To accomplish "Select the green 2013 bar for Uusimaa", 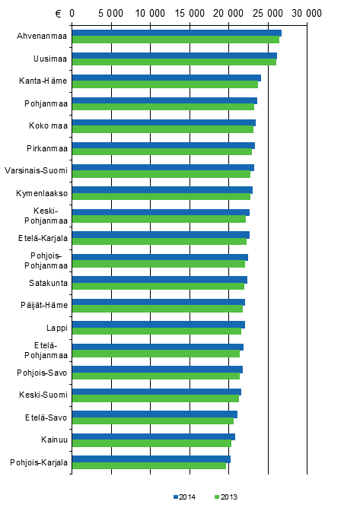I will coord(174,62).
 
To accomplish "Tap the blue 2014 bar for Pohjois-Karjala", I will coord(151,459).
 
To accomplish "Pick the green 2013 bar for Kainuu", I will coord(151,443).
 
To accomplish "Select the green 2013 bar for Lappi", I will coord(157,331).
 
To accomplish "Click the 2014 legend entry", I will coord(185,497).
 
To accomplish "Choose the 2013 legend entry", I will coord(227,497).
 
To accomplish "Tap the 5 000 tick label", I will coord(111,13).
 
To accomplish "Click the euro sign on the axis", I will coord(58,13).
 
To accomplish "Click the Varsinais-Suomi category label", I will coord(37,170).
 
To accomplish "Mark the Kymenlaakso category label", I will coord(43,193).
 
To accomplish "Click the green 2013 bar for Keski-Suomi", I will coord(155,398).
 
